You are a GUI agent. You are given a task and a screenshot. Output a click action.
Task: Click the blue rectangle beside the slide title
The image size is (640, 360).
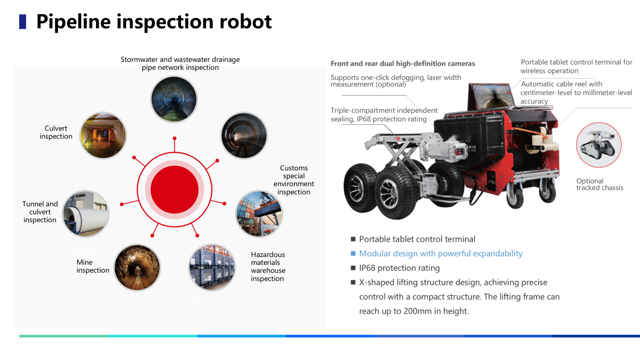[x=22, y=22]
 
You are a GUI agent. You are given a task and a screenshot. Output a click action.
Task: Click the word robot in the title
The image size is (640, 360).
[x=245, y=22]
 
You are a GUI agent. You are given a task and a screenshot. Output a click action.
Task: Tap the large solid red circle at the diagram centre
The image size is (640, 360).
[x=175, y=189]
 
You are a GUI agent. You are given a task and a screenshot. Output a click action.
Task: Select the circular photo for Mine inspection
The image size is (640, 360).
[x=137, y=268]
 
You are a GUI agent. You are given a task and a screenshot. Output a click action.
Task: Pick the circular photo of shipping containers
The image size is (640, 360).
[x=259, y=214]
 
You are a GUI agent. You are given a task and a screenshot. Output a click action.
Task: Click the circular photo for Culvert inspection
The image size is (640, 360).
[x=103, y=135]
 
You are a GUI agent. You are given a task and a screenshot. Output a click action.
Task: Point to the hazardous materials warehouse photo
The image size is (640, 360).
[x=212, y=268]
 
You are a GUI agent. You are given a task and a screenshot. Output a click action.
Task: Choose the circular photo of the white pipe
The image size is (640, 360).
[x=86, y=214]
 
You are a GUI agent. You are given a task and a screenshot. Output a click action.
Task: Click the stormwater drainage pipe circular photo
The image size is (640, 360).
[x=174, y=99]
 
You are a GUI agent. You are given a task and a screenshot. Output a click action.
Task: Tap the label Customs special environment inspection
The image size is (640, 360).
[x=293, y=180]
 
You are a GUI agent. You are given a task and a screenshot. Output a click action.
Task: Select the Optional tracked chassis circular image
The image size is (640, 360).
[x=599, y=145]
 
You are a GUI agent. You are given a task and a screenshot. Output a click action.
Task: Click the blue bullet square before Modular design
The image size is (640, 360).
[x=353, y=253]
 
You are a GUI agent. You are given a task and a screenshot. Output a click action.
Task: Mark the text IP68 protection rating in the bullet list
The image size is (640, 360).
[x=400, y=268]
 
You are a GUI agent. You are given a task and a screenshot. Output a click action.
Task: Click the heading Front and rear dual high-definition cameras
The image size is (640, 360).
[x=403, y=64]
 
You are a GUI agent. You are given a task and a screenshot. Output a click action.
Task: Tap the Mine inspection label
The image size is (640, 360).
[x=93, y=266]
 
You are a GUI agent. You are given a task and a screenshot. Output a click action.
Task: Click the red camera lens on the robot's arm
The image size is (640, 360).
[x=458, y=152]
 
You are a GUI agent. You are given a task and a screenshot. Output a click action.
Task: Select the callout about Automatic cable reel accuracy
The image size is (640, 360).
[x=576, y=93]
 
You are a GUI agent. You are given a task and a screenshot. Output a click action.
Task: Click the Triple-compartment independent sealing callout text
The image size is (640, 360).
[x=384, y=115]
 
